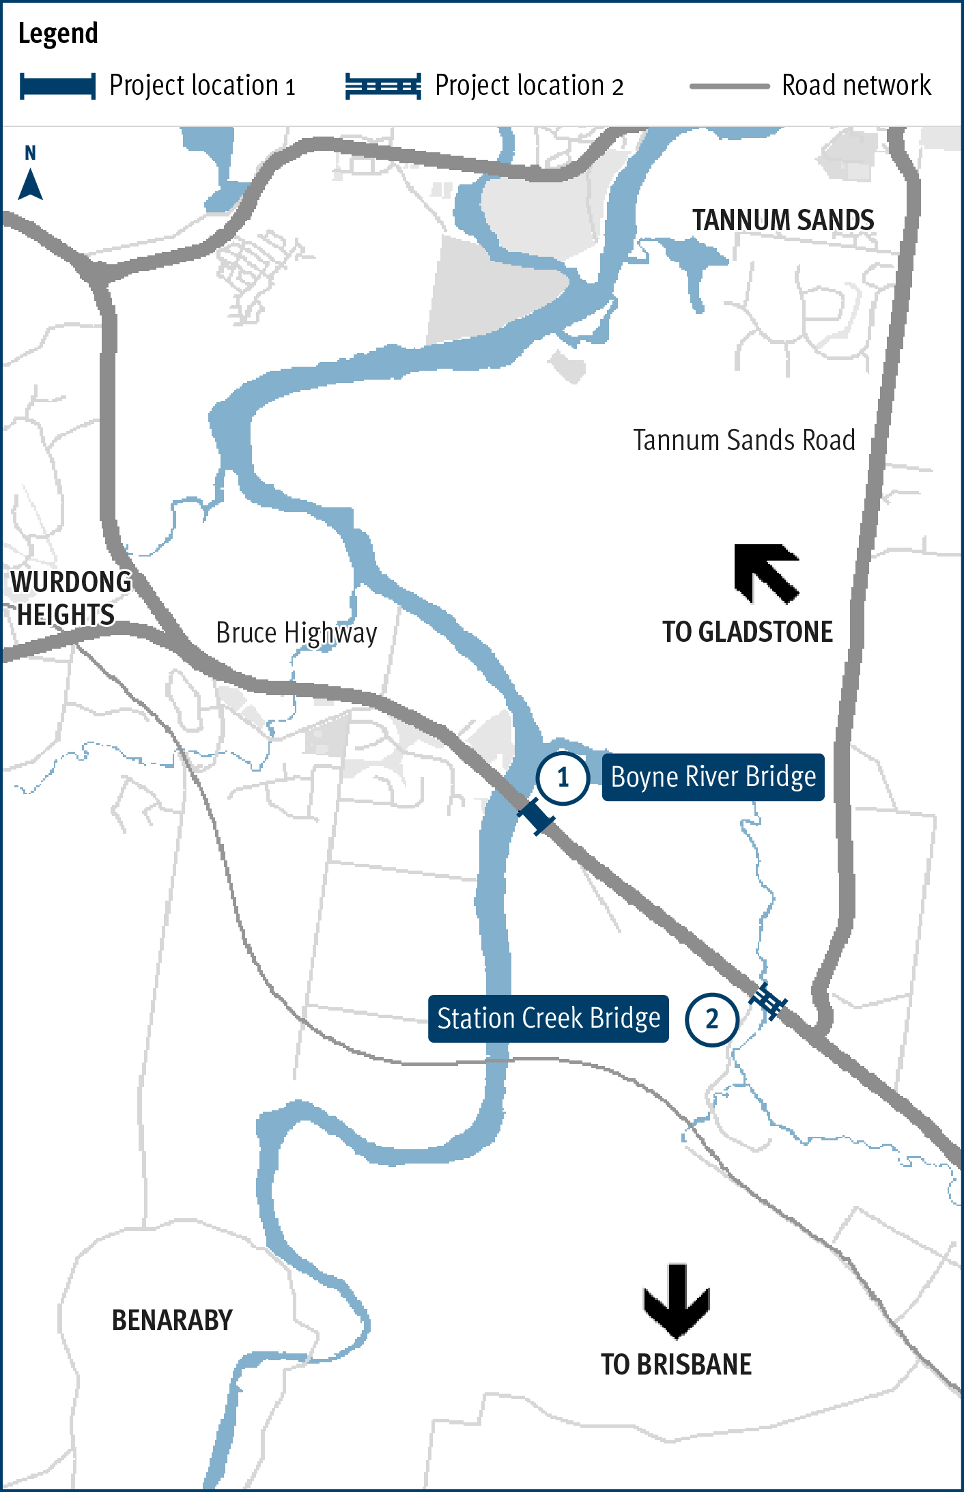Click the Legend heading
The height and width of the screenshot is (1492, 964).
tap(58, 33)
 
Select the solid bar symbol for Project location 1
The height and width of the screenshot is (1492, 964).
tap(57, 87)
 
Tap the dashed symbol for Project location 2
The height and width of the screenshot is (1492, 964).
tap(383, 87)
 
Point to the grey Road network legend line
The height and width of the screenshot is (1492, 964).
tap(729, 87)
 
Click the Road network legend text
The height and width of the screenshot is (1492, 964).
tap(856, 86)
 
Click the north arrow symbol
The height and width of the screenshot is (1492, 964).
tap(30, 183)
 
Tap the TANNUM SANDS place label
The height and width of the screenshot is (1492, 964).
tap(783, 221)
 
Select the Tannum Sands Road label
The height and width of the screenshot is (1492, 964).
tap(743, 440)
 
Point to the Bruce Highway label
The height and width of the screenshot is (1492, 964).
tap(296, 634)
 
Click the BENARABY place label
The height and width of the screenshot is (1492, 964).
tap(172, 1321)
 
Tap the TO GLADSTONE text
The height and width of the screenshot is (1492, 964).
tap(748, 632)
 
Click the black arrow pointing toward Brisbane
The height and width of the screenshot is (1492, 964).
tap(677, 1300)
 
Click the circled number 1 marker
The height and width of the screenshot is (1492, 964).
tap(563, 778)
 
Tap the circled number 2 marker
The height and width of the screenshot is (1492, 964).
tap(711, 1019)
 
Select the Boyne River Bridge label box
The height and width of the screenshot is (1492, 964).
tap(713, 777)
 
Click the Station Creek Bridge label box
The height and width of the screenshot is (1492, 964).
tap(548, 1019)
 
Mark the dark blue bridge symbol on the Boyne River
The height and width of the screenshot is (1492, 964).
tap(536, 816)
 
